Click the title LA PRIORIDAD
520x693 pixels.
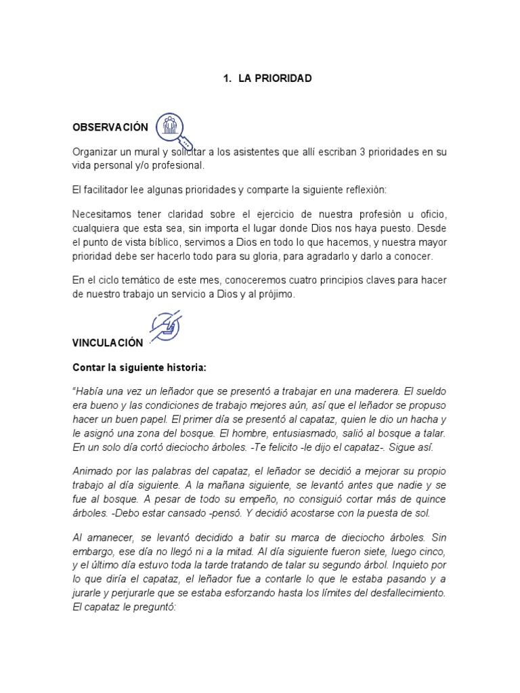coord(275,79)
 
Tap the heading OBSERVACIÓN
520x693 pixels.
coord(110,127)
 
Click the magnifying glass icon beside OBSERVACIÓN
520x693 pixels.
coord(173,129)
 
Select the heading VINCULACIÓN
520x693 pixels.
coord(108,343)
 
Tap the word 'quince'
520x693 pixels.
coord(431,499)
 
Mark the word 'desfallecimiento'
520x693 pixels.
coord(404,593)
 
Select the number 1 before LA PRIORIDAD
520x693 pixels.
coord(225,79)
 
